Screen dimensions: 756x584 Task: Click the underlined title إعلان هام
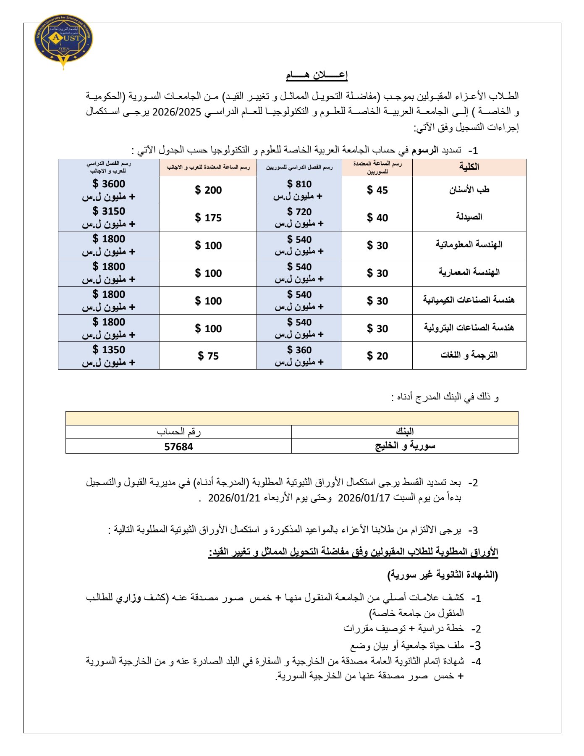317,75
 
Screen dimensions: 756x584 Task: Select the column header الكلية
469,167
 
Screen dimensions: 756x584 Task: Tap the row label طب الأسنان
469,190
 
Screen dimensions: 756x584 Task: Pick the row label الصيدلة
469,217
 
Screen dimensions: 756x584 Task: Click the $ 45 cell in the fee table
377,190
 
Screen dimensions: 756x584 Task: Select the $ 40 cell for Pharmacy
377,218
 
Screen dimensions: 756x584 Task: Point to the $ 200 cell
208,190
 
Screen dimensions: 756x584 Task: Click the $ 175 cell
208,218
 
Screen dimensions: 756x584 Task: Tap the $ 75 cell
208,356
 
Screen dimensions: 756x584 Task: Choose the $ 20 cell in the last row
377,356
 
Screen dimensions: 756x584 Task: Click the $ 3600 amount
109,184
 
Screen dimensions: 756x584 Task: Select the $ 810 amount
299,184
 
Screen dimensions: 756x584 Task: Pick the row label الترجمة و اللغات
469,355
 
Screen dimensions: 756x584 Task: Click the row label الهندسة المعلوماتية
469,244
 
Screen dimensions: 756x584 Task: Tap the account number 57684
178,447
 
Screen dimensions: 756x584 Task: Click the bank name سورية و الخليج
405,446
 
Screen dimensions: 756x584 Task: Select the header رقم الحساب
178,432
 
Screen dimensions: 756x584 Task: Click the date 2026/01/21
234,498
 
